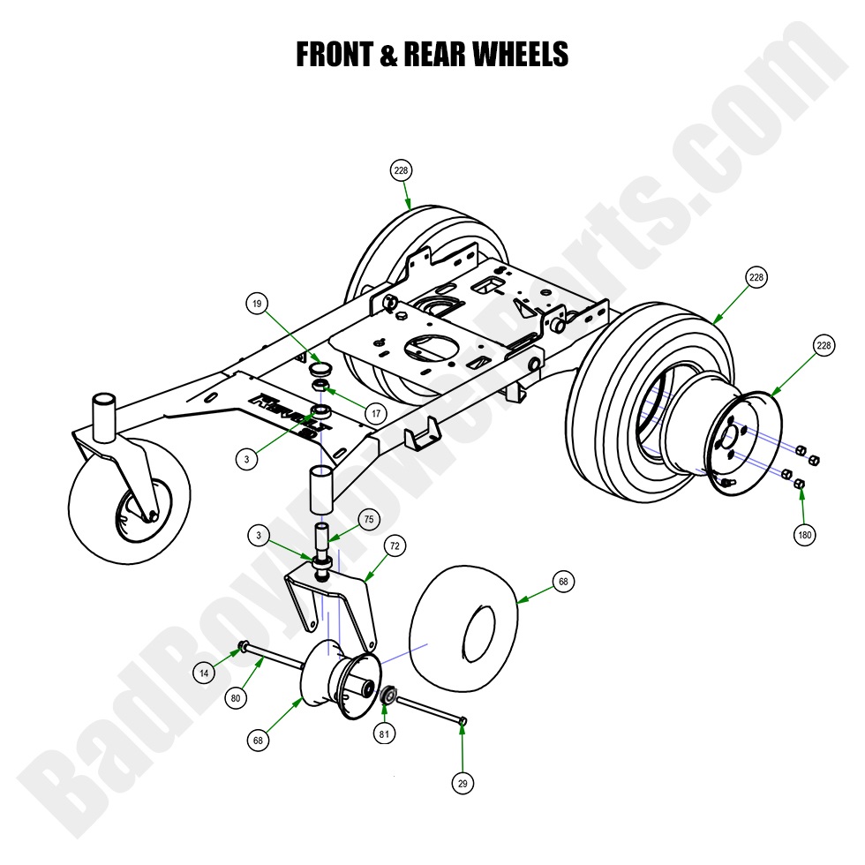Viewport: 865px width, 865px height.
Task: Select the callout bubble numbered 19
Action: [256, 304]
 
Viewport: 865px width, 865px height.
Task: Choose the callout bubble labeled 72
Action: [395, 546]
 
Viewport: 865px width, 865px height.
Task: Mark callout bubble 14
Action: [204, 673]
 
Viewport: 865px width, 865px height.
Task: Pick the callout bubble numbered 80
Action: [235, 698]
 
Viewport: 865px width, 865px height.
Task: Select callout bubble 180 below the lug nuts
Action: [805, 534]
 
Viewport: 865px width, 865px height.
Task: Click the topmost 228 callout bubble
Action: [402, 170]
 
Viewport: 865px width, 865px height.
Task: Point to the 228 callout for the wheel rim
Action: [824, 346]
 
